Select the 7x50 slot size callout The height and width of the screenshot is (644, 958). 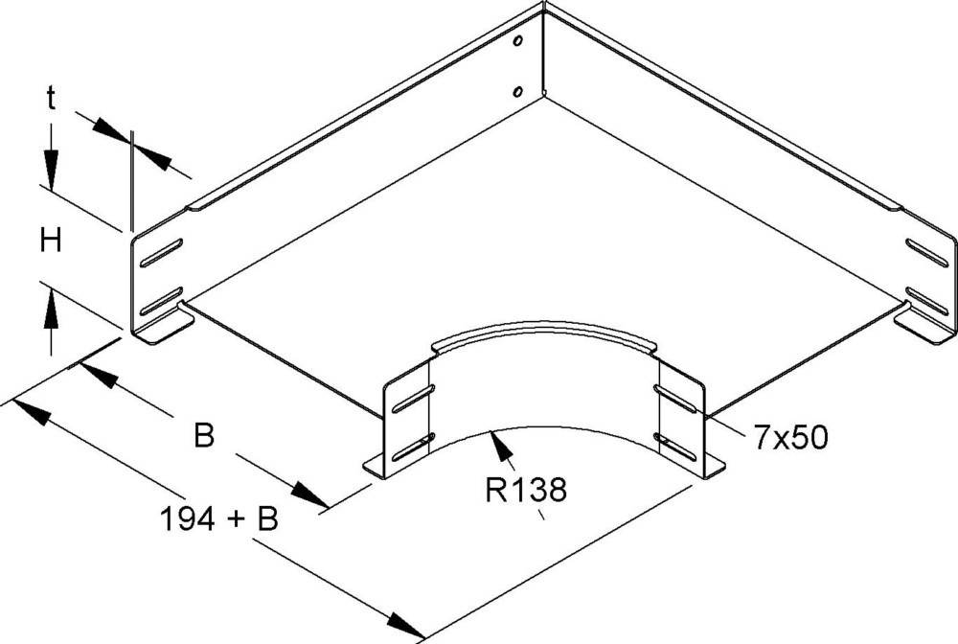[x=787, y=439]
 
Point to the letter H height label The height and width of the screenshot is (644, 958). [x=51, y=241]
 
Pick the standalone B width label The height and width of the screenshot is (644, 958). [x=203, y=437]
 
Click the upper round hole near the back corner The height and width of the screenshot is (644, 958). [x=518, y=43]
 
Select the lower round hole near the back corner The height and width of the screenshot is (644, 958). [x=517, y=92]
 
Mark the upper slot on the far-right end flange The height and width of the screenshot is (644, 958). [x=927, y=252]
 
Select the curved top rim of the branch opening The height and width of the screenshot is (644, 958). [x=543, y=333]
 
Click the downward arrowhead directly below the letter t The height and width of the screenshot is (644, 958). [x=50, y=172]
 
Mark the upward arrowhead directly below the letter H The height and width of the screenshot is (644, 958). [x=50, y=310]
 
